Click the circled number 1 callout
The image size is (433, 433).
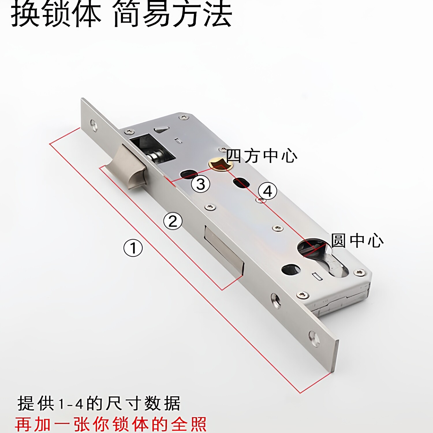tap(133, 248)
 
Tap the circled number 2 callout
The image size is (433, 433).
tap(173, 221)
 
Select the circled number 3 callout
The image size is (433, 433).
tap(200, 184)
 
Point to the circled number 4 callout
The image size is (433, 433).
tap(268, 191)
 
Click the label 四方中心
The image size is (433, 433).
tap(262, 156)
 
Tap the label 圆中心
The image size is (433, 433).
tap(357, 240)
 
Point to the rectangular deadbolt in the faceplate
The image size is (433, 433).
tap(224, 250)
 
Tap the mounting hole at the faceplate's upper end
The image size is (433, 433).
tap(94, 125)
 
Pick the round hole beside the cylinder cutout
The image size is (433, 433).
tap(291, 270)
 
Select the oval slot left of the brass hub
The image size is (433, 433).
tap(188, 174)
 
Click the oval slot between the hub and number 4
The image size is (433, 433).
tap(241, 183)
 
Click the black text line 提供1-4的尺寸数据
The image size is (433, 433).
tap(99, 403)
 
